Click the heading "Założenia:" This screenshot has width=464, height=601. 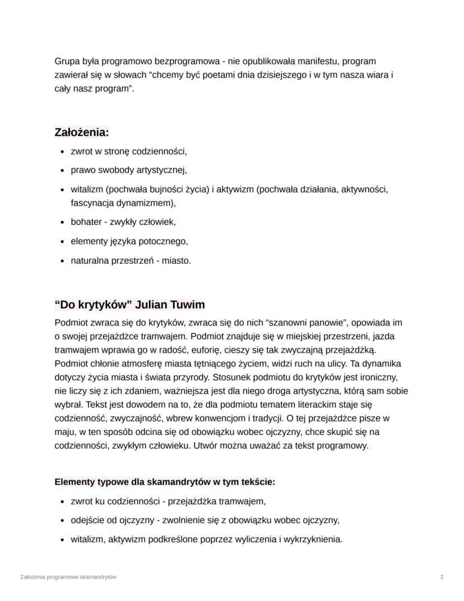(x=81, y=132)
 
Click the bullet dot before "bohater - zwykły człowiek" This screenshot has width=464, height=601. (x=62, y=222)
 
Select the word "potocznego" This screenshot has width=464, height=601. (x=163, y=241)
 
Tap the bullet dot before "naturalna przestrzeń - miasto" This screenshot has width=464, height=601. (x=62, y=261)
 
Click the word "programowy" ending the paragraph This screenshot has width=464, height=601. (x=346, y=446)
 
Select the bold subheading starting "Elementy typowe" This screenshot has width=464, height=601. (x=165, y=482)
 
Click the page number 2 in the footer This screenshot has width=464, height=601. (x=442, y=577)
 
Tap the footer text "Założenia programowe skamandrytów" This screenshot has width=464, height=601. (x=68, y=577)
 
